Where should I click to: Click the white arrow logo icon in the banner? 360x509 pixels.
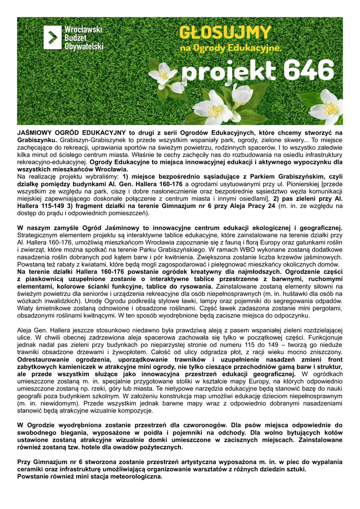[x=53, y=38]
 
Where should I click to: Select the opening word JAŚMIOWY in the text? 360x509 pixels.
[x=38, y=133]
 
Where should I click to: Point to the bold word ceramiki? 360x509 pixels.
[x=32, y=469]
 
